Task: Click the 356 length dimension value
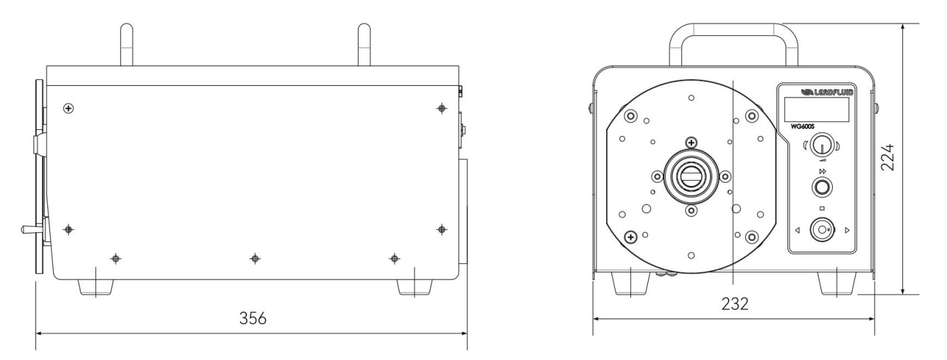coord(253,318)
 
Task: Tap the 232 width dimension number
coord(735,304)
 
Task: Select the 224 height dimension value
coord(887,158)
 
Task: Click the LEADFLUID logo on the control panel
coord(827,92)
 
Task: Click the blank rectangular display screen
coord(817,109)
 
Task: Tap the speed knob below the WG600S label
coord(822,147)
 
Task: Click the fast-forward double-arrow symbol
coord(823,171)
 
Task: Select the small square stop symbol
coord(822,208)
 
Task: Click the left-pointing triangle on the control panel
coord(798,231)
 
